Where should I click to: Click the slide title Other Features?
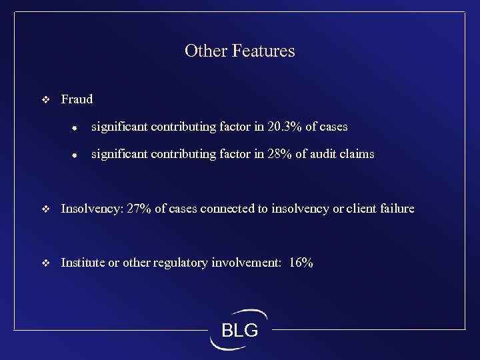(x=239, y=51)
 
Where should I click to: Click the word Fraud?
(x=77, y=99)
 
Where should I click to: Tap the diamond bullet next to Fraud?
(x=45, y=100)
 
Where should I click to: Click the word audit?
(x=326, y=154)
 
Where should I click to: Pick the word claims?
(x=359, y=154)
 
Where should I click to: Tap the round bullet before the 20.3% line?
(x=76, y=127)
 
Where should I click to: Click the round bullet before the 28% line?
(x=76, y=155)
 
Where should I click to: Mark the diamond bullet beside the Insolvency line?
(x=45, y=209)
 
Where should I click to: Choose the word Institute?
(x=83, y=263)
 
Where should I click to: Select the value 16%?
(x=301, y=263)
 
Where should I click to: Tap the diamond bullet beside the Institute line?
(x=45, y=263)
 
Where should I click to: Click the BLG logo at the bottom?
(x=239, y=329)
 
